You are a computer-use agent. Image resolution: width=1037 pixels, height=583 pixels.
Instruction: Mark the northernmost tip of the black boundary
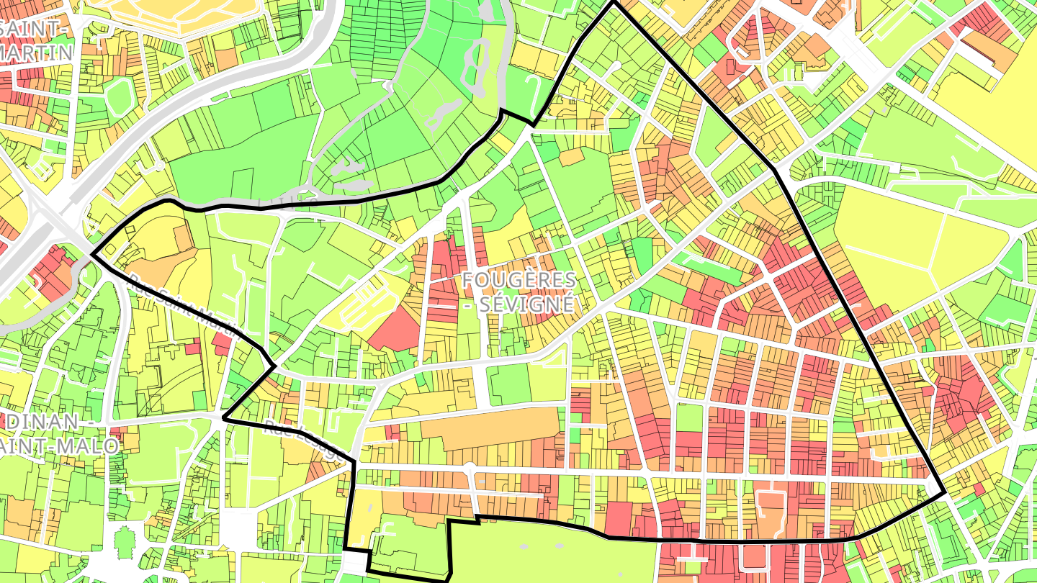tap(613, 1)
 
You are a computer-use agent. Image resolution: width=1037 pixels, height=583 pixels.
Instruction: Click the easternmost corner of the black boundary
tap(944, 492)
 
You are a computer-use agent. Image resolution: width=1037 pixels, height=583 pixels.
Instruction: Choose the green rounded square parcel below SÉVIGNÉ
tap(508, 384)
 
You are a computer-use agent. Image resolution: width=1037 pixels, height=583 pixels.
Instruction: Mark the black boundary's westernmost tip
tap(92, 254)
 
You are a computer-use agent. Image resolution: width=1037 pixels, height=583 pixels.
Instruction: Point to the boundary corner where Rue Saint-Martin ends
tap(274, 366)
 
